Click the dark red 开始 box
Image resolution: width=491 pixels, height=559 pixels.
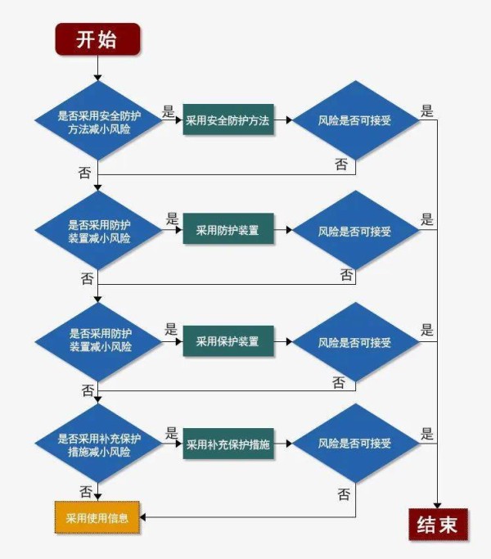pyautogui.click(x=97, y=39)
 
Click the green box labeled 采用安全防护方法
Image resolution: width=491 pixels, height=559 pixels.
pyautogui.click(x=227, y=120)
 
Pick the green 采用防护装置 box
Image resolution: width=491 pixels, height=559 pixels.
pyautogui.click(x=227, y=231)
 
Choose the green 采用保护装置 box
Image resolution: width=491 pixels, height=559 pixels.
pyautogui.click(x=227, y=341)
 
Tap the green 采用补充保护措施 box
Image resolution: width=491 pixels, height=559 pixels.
pyautogui.click(x=227, y=445)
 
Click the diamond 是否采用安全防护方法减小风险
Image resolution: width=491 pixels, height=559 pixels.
pyautogui.click(x=98, y=120)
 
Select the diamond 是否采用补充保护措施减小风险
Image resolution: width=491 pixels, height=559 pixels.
pyautogui.click(x=98, y=445)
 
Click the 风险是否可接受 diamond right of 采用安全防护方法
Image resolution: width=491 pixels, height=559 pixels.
pyautogui.click(x=355, y=120)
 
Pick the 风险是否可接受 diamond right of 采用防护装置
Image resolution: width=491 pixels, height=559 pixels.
pyautogui.click(x=355, y=231)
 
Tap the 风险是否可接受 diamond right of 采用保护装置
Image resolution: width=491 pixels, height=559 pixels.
pyautogui.click(x=355, y=341)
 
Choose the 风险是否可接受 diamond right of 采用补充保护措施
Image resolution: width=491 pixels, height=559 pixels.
pyautogui.click(x=355, y=444)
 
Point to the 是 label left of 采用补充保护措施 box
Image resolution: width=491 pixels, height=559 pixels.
pyautogui.click(x=171, y=433)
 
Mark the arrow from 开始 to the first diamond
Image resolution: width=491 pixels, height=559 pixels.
pyautogui.click(x=98, y=69)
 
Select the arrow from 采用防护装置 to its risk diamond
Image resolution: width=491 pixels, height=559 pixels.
pyautogui.click(x=284, y=231)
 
